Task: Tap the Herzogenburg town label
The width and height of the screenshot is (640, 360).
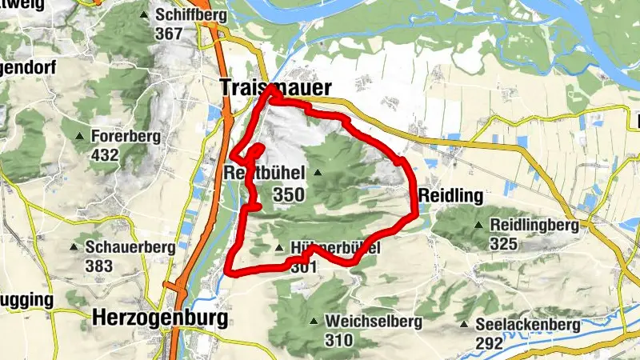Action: coord(160,318)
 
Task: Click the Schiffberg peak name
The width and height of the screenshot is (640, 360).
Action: coord(192,15)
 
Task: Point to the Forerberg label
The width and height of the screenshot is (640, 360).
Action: coord(126,136)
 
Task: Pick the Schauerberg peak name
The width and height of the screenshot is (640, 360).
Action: coord(133,247)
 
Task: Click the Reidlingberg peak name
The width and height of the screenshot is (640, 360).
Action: coord(534,226)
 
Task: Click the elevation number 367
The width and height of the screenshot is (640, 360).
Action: coord(170,34)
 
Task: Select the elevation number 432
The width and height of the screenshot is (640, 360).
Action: coord(104,154)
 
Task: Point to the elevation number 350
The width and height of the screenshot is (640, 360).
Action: coord(288,194)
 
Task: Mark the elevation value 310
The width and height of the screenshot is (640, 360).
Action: coord(339,341)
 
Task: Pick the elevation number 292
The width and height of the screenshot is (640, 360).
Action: coord(488,344)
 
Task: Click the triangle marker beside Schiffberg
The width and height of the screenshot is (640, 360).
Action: coord(144,15)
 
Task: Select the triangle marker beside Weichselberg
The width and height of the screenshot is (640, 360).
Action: coord(313,322)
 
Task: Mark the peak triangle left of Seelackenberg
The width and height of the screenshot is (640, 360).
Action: coord(465,325)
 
